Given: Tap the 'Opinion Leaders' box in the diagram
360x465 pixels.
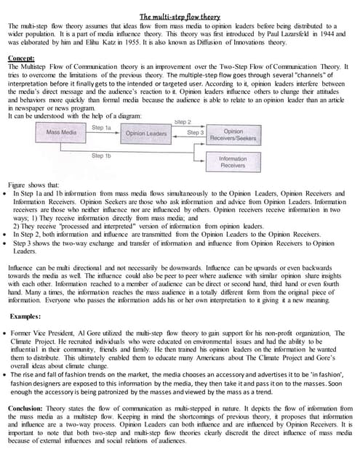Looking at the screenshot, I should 145,134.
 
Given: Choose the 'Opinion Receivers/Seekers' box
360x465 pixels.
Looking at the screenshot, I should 233,136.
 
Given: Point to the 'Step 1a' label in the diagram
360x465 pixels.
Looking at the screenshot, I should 103,127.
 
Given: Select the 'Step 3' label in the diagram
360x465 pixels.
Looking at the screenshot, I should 196,133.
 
